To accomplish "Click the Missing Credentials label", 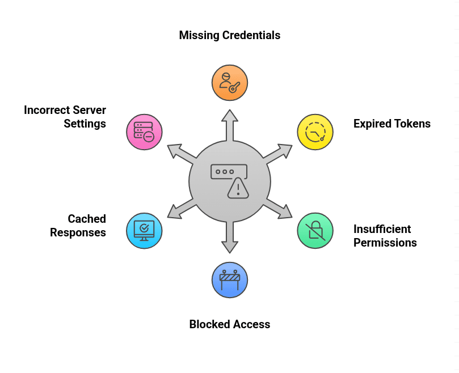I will point(229,35).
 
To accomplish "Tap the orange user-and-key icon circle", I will point(230,83).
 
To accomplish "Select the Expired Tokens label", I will point(391,124).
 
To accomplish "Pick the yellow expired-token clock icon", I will point(315,132).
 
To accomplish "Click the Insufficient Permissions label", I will point(385,236).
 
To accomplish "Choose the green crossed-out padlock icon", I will point(315,231).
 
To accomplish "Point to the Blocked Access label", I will point(229,324).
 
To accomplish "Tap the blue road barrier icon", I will point(230,279).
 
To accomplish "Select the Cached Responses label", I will point(78,226).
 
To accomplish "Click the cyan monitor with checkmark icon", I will point(144,231).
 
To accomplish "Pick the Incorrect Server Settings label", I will point(65,117).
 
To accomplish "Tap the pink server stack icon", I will point(144,132).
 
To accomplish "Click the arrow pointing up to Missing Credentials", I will point(229,124).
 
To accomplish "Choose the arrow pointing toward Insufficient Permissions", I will point(279,209).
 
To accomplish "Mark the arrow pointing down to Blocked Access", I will point(229,238).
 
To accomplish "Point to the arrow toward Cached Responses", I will point(181,209).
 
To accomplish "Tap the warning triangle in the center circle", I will point(238,189).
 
